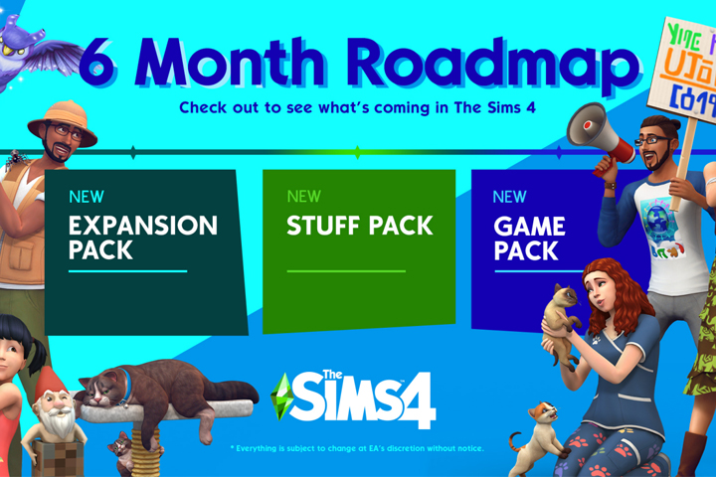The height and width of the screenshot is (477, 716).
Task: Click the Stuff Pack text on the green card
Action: point(360,226)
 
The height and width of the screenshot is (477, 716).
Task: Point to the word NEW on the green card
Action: point(303,196)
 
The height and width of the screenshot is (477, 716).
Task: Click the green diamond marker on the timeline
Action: point(357,153)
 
